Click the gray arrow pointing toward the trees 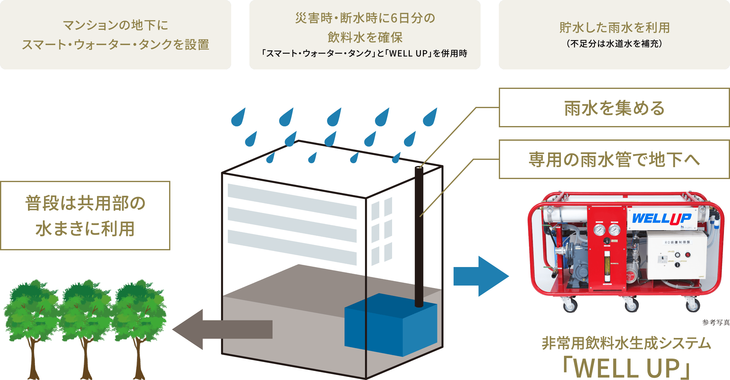[222, 329]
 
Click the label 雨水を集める [614, 108]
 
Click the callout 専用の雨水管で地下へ [614, 160]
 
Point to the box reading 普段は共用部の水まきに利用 [85, 216]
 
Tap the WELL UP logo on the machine [662, 218]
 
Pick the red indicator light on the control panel [687, 255]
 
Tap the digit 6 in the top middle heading [394, 18]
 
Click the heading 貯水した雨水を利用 [614, 28]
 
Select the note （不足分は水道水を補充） [614, 44]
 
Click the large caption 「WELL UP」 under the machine [627, 368]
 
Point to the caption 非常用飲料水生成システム [627, 343]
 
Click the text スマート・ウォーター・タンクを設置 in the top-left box [116, 45]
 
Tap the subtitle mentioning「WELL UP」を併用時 [364, 54]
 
